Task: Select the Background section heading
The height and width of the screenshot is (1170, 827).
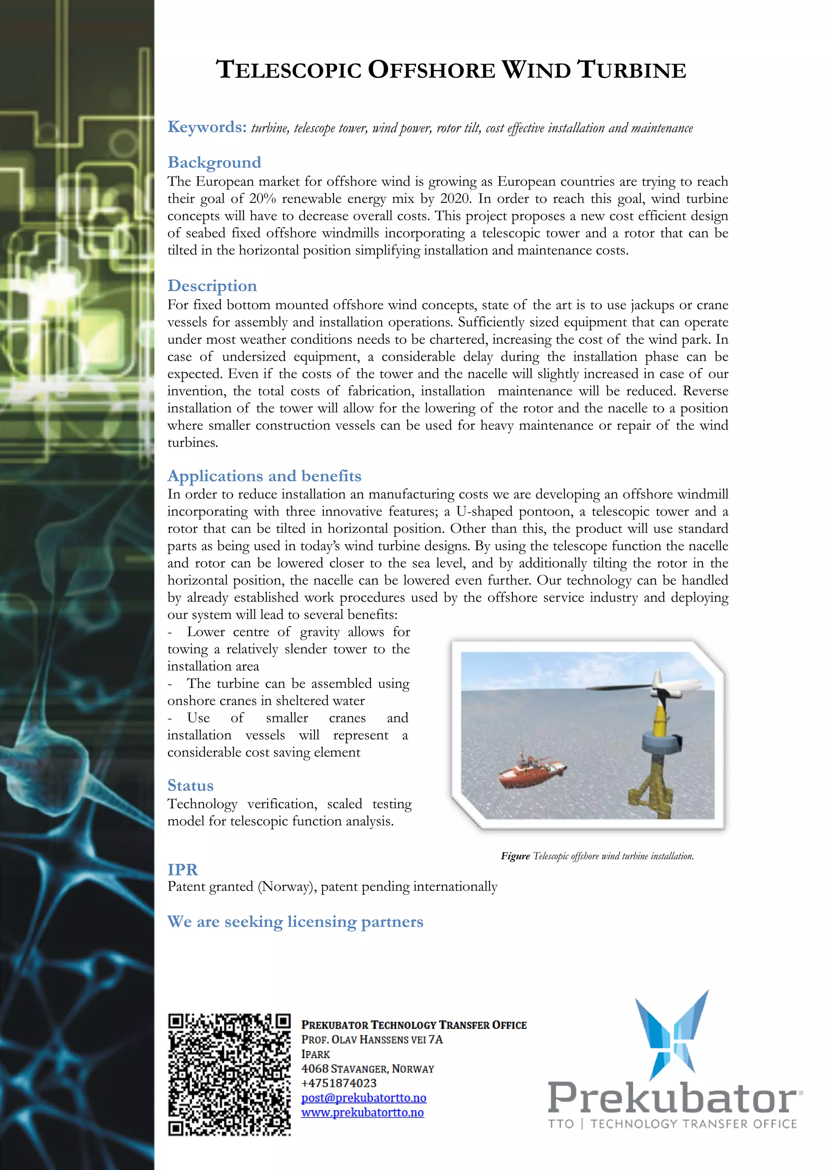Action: point(214,162)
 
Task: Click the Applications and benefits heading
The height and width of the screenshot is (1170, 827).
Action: point(264,476)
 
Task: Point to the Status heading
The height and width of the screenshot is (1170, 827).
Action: point(191,785)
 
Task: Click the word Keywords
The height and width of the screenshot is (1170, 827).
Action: point(207,127)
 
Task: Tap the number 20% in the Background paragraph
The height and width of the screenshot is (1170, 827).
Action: point(262,199)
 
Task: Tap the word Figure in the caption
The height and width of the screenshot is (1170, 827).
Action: point(515,856)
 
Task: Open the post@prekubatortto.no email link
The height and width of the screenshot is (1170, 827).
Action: point(363,1098)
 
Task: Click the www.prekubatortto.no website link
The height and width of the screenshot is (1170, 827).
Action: point(362,1112)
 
